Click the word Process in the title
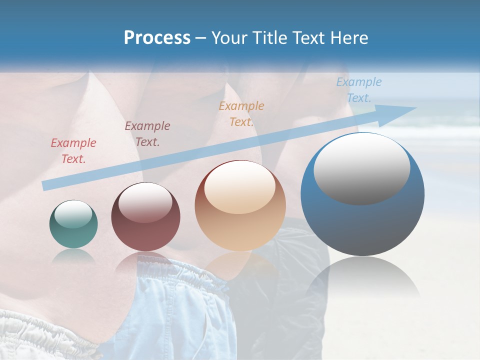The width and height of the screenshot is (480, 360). (x=157, y=38)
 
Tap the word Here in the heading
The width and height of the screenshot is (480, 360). (x=349, y=38)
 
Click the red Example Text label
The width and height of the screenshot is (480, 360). (x=73, y=151)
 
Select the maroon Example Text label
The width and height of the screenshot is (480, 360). (x=147, y=134)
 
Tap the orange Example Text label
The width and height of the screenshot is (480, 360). (x=241, y=114)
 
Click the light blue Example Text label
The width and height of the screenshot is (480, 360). (x=359, y=90)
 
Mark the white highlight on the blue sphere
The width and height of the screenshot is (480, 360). (x=362, y=169)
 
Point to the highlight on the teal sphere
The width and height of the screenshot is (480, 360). (x=73, y=214)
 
